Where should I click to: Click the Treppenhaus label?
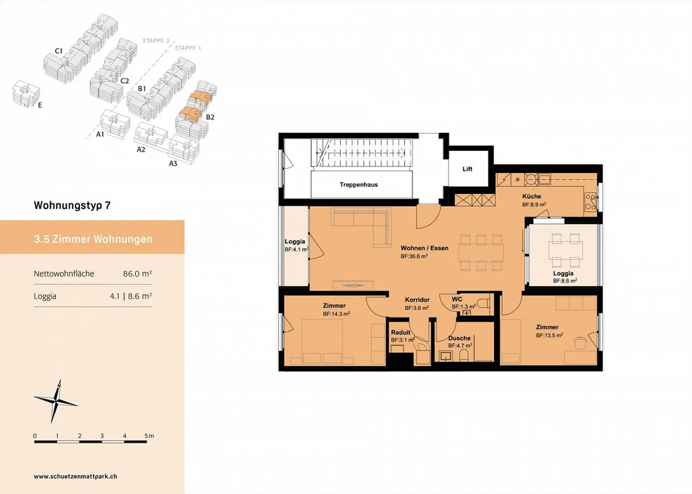tap(358, 185)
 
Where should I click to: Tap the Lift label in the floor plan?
tap(467, 169)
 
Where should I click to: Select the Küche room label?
tap(531, 196)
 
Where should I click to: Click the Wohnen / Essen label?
tap(424, 248)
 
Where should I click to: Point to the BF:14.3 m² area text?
tap(336, 314)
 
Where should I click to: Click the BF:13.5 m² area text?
tap(549, 336)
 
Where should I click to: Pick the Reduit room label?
tap(400, 332)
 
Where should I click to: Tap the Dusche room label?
tap(459, 338)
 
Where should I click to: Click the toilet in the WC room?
tap(484, 303)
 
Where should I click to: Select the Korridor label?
tap(417, 300)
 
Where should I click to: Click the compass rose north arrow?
tap(56, 401)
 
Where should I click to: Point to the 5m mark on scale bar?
tap(149, 436)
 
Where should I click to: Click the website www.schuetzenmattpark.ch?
tap(75, 477)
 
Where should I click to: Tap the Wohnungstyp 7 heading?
tap(72, 205)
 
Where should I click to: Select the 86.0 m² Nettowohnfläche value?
tap(137, 274)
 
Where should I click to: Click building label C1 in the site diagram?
tap(59, 51)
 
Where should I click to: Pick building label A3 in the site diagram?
tap(173, 164)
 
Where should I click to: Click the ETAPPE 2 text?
tap(156, 41)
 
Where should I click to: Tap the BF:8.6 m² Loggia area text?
tap(565, 281)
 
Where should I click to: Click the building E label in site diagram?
tap(40, 105)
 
